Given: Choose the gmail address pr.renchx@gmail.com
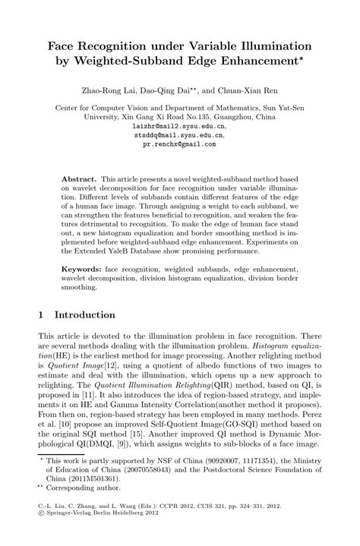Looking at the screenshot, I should pyautogui.click(x=179, y=143).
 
